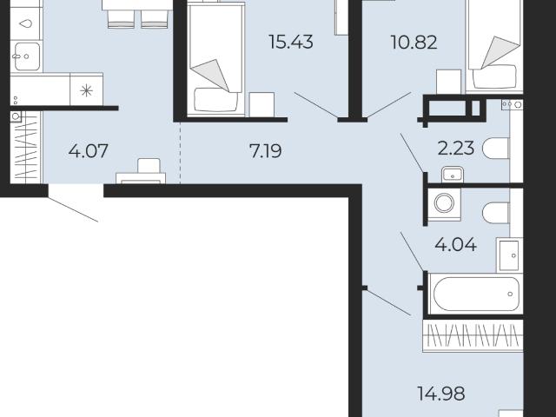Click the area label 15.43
coord(291,42)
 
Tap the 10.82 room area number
coord(414,43)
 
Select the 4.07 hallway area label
coord(89,150)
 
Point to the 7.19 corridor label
coord(266,151)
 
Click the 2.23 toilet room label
coord(455,149)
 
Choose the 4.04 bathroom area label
coord(455,245)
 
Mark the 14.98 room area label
coord(441,394)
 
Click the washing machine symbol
coord(444,204)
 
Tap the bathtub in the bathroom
coord(475,294)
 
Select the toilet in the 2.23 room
coord(496,149)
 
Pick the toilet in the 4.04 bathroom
coord(496,213)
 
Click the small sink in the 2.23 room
coord(453,174)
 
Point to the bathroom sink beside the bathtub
coord(509,255)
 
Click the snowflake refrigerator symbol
coord(87,91)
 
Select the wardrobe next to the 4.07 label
coord(25,147)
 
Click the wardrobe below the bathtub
coord(473,336)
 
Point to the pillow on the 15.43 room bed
coord(216,100)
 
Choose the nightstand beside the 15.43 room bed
coord(261,104)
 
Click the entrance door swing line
coord(73,209)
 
